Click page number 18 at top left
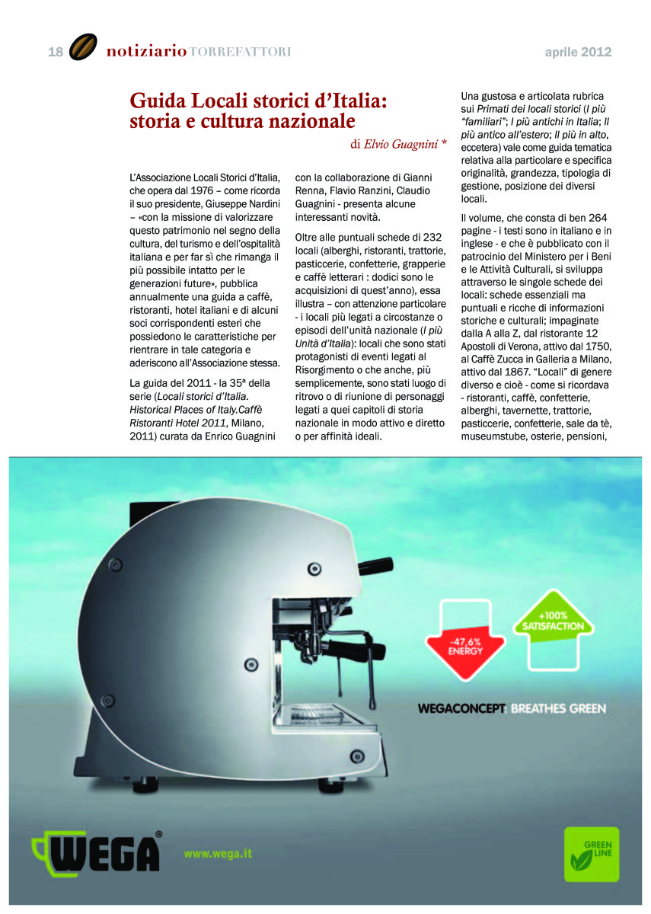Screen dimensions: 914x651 coord(56,52)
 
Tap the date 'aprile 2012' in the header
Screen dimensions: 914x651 coord(578,53)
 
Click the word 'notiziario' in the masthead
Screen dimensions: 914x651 coord(146,52)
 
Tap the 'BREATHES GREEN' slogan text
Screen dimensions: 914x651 coord(558,708)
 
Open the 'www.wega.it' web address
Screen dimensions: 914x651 coord(218,854)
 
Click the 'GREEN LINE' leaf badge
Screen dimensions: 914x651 coord(591,853)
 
